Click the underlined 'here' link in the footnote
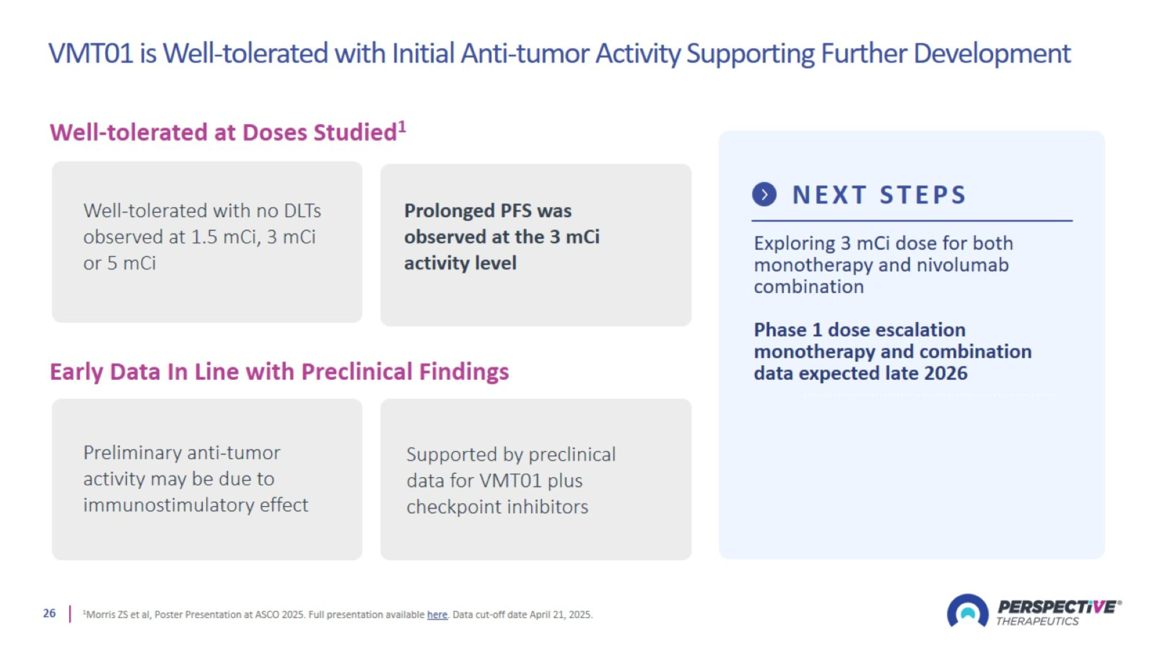(x=437, y=615)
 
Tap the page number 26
(x=49, y=613)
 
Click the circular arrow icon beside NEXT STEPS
(x=764, y=195)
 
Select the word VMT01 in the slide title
(x=91, y=53)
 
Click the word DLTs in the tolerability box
(x=303, y=211)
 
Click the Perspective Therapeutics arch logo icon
(x=968, y=611)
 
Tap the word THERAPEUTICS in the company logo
(x=1038, y=621)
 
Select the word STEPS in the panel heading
(x=923, y=195)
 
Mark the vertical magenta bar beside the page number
(x=70, y=614)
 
